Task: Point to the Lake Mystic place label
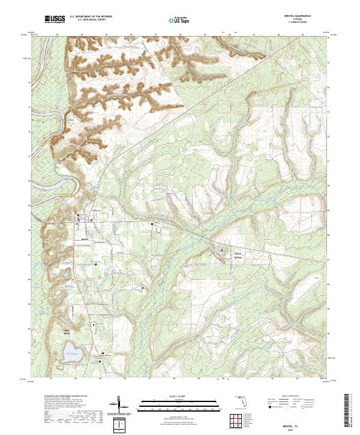(x=67, y=332)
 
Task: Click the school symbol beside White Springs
(x=223, y=249)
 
